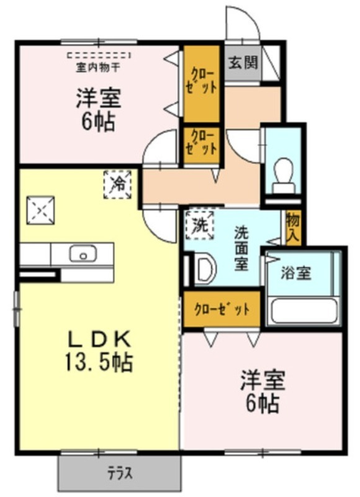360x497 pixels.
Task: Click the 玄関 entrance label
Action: [x=243, y=63]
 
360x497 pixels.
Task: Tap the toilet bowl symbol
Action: [x=284, y=175]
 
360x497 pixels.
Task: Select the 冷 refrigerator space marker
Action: [x=118, y=185]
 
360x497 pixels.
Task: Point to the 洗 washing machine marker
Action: [x=200, y=225]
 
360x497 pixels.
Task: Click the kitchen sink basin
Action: [x=83, y=254]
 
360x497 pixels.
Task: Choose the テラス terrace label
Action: [x=120, y=474]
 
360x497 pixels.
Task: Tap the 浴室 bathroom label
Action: [x=296, y=273]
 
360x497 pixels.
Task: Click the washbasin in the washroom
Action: [x=205, y=269]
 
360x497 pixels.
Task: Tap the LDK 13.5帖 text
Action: [x=99, y=350]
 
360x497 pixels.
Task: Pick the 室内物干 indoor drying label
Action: [x=98, y=68]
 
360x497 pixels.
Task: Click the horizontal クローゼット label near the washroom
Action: [x=222, y=309]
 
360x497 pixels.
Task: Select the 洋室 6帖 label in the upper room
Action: [x=99, y=109]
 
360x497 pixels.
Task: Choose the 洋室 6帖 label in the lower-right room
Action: [x=263, y=391]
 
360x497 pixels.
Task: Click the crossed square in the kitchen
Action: [x=40, y=210]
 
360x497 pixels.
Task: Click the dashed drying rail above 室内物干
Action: [x=99, y=55]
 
